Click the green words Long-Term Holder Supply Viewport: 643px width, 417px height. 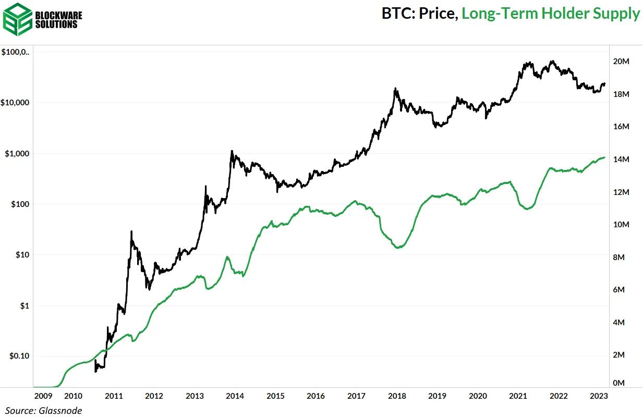point(551,14)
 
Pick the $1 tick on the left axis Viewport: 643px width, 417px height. point(25,305)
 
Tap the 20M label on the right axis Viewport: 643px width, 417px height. point(622,62)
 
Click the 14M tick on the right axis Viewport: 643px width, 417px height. point(622,160)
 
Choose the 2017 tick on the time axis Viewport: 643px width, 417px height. point(357,396)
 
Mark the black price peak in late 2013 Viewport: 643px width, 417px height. point(232,151)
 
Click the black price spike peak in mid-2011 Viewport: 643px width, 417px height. point(131,231)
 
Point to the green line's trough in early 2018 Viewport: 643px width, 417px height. point(398,248)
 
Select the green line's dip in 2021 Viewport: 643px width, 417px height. point(528,208)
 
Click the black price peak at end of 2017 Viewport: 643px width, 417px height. point(396,88)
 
